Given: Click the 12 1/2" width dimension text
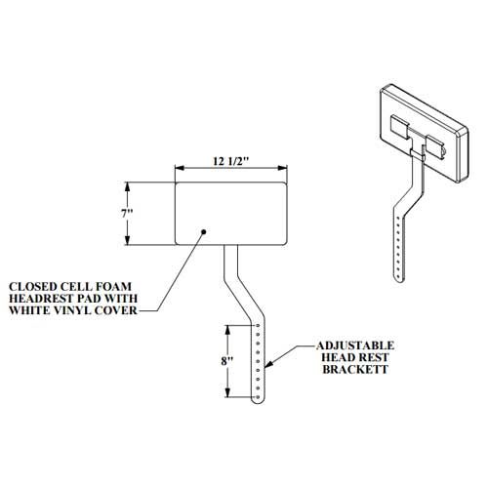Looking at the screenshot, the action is pyautogui.click(x=231, y=161).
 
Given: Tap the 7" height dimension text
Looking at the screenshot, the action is pyautogui.click(x=127, y=214).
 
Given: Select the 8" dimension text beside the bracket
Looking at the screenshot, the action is pyautogui.click(x=227, y=361).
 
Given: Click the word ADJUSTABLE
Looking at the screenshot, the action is pyautogui.click(x=355, y=346).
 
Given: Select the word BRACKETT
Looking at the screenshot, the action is pyautogui.click(x=355, y=370).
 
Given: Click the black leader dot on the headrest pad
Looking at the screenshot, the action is pyautogui.click(x=204, y=231).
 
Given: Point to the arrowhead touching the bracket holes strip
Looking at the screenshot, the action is pyautogui.click(x=268, y=364).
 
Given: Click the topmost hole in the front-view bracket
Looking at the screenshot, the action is pyautogui.click(x=258, y=325).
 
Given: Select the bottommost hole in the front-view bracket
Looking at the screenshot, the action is pyautogui.click(x=258, y=397).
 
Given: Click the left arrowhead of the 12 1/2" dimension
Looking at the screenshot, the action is pyautogui.click(x=180, y=168).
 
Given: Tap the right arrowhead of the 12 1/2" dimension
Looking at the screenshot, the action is pyautogui.click(x=282, y=168).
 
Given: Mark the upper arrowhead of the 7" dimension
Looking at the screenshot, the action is pyautogui.click(x=127, y=187).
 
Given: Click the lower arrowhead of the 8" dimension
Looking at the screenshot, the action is pyautogui.click(x=227, y=392).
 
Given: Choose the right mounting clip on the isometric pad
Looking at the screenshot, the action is pyautogui.click(x=436, y=147).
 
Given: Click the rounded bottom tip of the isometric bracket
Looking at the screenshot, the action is pyautogui.click(x=400, y=279).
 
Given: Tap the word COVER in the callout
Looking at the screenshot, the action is pyautogui.click(x=116, y=310).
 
